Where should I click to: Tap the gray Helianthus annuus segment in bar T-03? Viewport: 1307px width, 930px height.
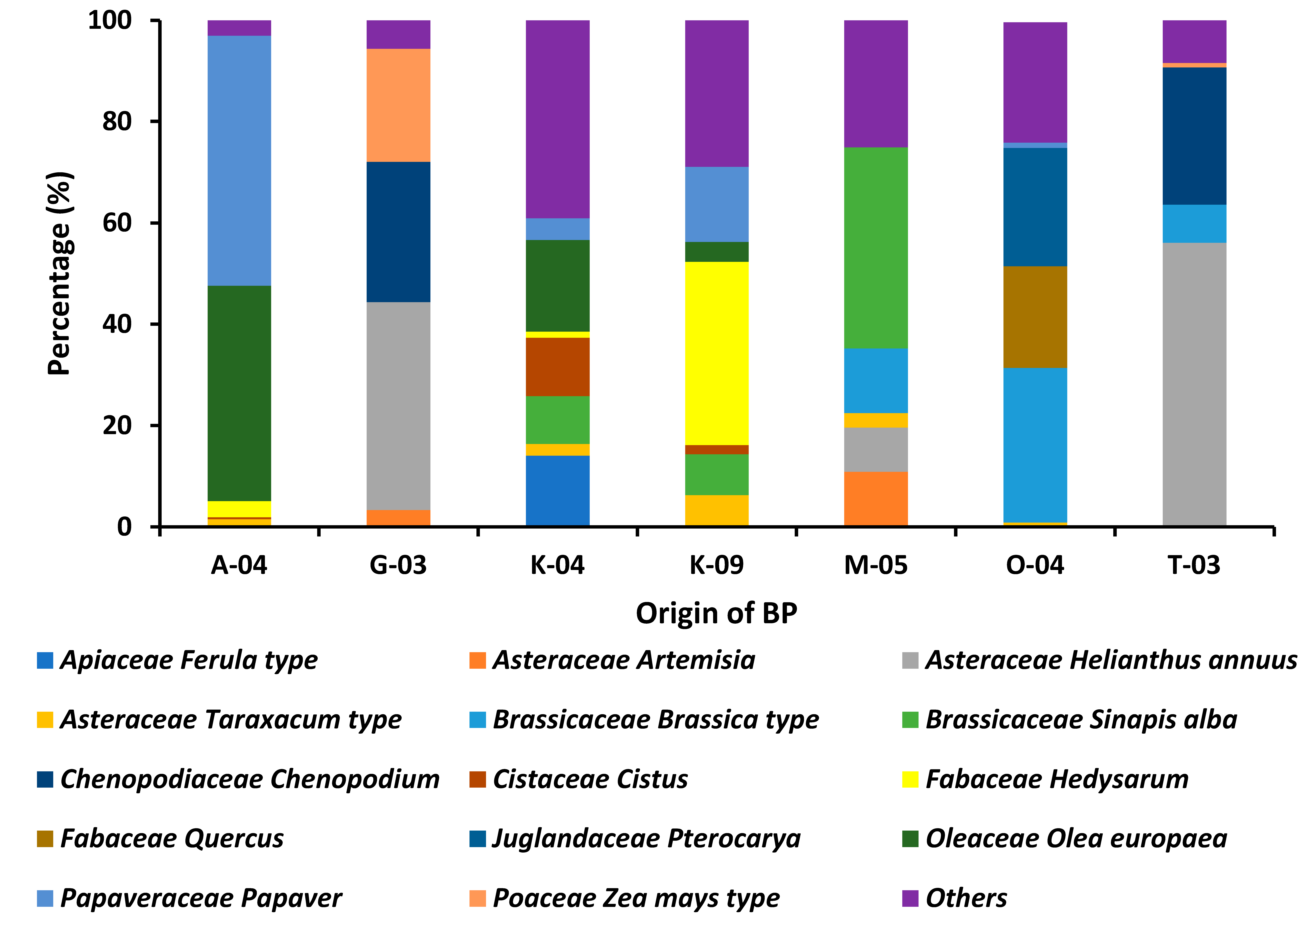(x=1194, y=384)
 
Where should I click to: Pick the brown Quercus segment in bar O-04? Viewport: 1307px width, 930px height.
(x=1035, y=317)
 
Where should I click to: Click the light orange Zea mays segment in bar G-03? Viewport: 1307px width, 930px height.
(x=398, y=105)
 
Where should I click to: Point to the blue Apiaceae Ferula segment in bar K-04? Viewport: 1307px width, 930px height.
(x=557, y=490)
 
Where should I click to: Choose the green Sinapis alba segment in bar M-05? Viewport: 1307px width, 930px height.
(x=876, y=247)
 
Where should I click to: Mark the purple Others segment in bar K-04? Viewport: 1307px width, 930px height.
(x=557, y=119)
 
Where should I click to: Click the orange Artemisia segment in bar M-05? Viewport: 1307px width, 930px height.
(x=876, y=498)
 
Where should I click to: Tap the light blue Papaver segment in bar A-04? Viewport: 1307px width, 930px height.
(x=239, y=160)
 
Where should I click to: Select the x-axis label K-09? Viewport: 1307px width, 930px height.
(x=716, y=565)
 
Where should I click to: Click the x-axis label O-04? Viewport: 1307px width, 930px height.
(x=1035, y=565)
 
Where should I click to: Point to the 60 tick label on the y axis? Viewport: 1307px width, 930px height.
(x=117, y=223)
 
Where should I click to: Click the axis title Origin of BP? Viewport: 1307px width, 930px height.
(x=716, y=613)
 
